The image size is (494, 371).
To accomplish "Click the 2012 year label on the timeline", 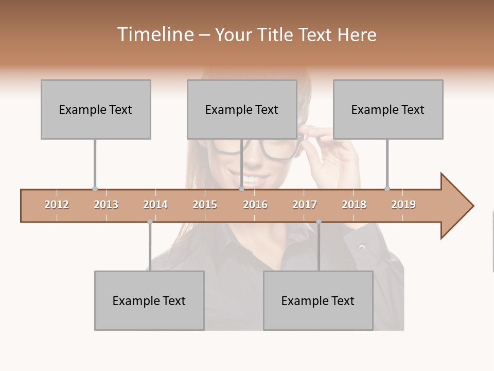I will (57, 205).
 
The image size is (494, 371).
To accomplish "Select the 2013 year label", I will (106, 205).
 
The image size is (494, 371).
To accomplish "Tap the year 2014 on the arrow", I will (155, 205).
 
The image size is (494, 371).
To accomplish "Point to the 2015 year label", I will (205, 205).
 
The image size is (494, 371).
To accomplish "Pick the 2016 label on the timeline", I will (255, 205).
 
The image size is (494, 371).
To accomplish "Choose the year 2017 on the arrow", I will (305, 205).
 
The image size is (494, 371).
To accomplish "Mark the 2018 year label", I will (354, 205).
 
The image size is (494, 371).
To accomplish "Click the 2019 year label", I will (403, 205).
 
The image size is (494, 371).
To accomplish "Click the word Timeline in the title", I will (154, 35).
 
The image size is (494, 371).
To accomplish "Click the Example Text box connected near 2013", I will (96, 109).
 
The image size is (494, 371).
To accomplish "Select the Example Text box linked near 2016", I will (242, 109).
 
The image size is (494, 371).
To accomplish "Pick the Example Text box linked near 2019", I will (388, 109).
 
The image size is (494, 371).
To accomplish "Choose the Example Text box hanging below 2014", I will (149, 300).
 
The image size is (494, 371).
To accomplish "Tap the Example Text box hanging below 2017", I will (318, 300).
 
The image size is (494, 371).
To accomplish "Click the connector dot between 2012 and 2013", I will (95, 189).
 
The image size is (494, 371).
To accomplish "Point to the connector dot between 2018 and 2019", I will (387, 189).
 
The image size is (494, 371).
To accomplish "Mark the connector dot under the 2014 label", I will (150, 222).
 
